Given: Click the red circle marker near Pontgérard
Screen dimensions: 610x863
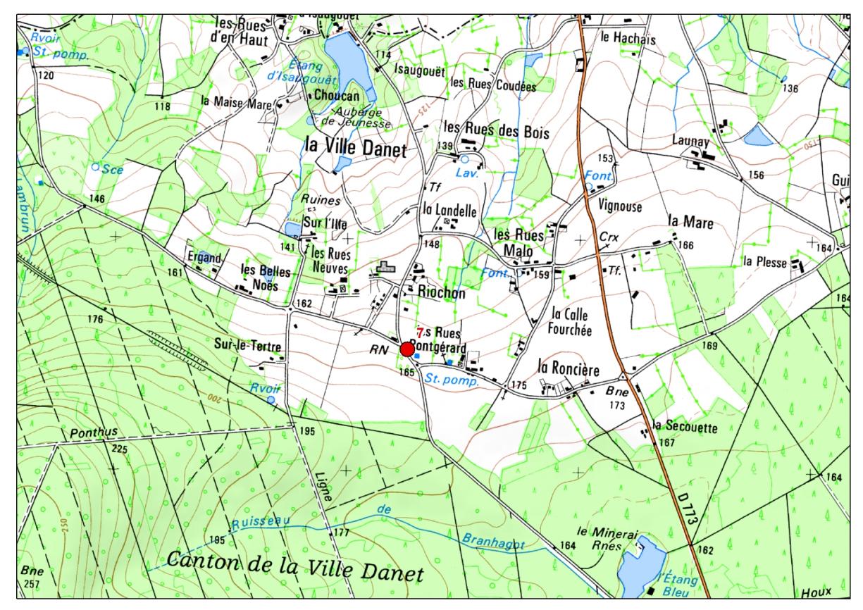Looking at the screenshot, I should click(x=407, y=349).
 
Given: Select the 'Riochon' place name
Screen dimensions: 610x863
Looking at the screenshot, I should click(x=441, y=294).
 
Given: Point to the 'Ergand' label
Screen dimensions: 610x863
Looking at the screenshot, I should click(x=204, y=257).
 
